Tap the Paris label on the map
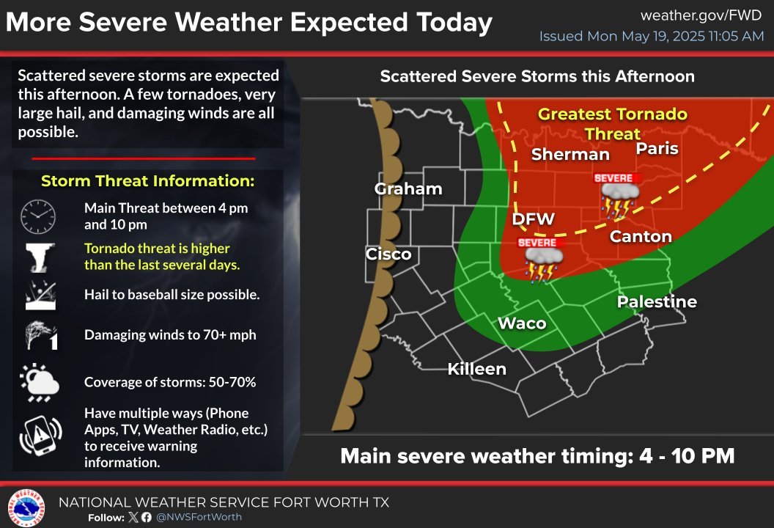pyautogui.click(x=657, y=149)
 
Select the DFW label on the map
pyautogui.click(x=533, y=219)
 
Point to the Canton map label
pyautogui.click(x=641, y=236)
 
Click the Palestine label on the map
pyautogui.click(x=657, y=301)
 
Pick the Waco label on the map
pyautogui.click(x=522, y=323)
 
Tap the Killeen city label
pyautogui.click(x=477, y=369)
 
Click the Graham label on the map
pyautogui.click(x=408, y=188)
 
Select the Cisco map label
pyautogui.click(x=388, y=254)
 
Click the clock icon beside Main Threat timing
pyautogui.click(x=38, y=215)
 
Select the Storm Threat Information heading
pyautogui.click(x=147, y=181)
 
